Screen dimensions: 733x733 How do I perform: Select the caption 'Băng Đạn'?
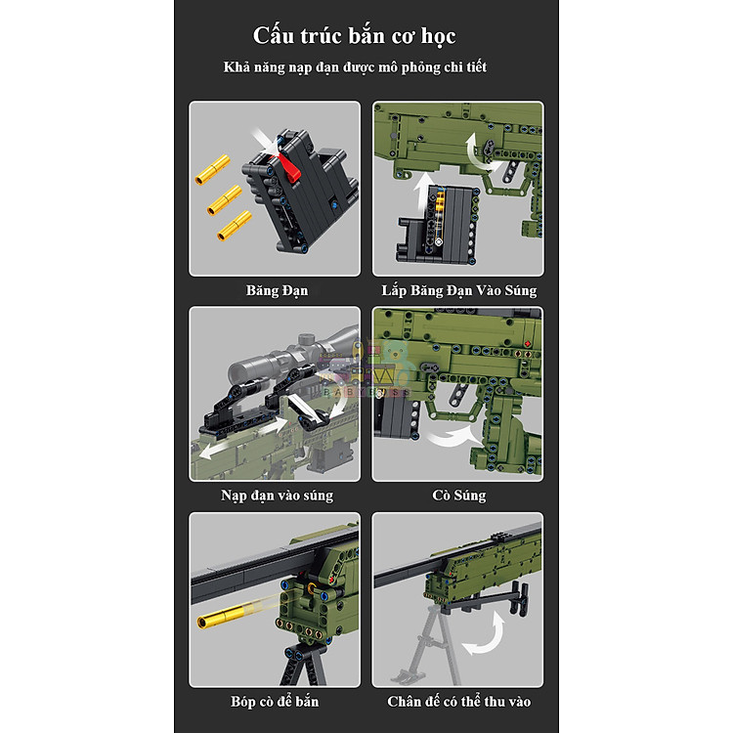[277, 290]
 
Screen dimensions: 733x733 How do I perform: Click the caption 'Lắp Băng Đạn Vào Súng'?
[458, 290]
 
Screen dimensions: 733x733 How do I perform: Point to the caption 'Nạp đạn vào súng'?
[277, 496]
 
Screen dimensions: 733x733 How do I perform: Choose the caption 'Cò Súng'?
[458, 496]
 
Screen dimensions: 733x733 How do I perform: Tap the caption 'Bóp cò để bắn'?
[277, 701]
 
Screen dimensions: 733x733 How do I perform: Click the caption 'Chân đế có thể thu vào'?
[458, 701]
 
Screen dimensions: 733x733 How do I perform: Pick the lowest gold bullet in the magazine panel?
[234, 231]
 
